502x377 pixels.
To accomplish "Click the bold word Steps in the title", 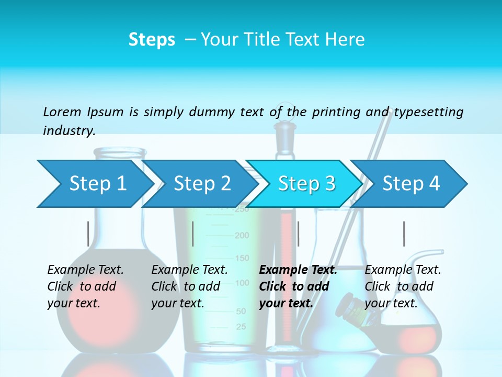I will coord(152,40).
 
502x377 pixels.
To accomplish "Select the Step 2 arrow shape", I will coord(202,184).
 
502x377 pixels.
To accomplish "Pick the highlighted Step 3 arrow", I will coord(306,184).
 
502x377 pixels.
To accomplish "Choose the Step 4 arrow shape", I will coord(411,184).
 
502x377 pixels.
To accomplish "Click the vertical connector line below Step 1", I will coord(88,234).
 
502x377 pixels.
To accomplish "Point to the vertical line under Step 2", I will coord(193,234).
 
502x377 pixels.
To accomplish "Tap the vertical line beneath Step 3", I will coord(298,234).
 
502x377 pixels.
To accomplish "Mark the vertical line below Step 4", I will coord(404,234).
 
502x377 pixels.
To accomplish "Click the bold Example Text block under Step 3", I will coord(298,286).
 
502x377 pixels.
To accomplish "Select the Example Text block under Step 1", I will coord(85,286).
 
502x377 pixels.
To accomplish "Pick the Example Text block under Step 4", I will coord(403,286).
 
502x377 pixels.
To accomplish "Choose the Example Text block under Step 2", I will coord(189,286).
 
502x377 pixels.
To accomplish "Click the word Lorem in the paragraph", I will coord(62,112).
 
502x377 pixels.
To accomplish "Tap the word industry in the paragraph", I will coord(69,131).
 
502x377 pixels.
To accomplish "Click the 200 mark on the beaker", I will coord(242,236).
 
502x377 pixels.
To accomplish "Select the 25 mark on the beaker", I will coord(241,327).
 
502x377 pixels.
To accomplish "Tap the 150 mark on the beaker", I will coord(242,258).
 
